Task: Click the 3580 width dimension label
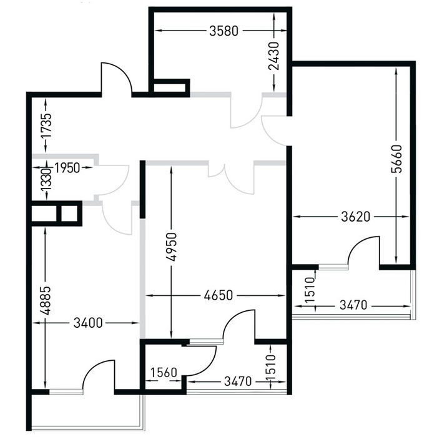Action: click(223, 31)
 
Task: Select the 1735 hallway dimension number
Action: click(46, 125)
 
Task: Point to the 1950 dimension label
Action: click(67, 168)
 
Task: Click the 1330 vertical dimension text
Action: click(46, 180)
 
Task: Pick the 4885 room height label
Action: click(46, 300)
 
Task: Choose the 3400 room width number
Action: click(88, 323)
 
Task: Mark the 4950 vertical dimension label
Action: click(172, 247)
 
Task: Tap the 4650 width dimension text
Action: click(219, 295)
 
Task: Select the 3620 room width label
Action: click(356, 217)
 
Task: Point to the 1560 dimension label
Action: click(164, 372)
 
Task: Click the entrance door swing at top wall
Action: click(117, 79)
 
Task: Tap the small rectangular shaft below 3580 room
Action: click(169, 88)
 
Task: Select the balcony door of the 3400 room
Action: click(99, 376)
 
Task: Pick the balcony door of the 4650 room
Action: click(239, 325)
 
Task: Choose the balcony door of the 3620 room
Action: click(364, 252)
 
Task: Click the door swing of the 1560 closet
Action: click(200, 361)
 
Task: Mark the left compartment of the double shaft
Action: click(44, 214)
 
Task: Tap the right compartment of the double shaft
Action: click(69, 214)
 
